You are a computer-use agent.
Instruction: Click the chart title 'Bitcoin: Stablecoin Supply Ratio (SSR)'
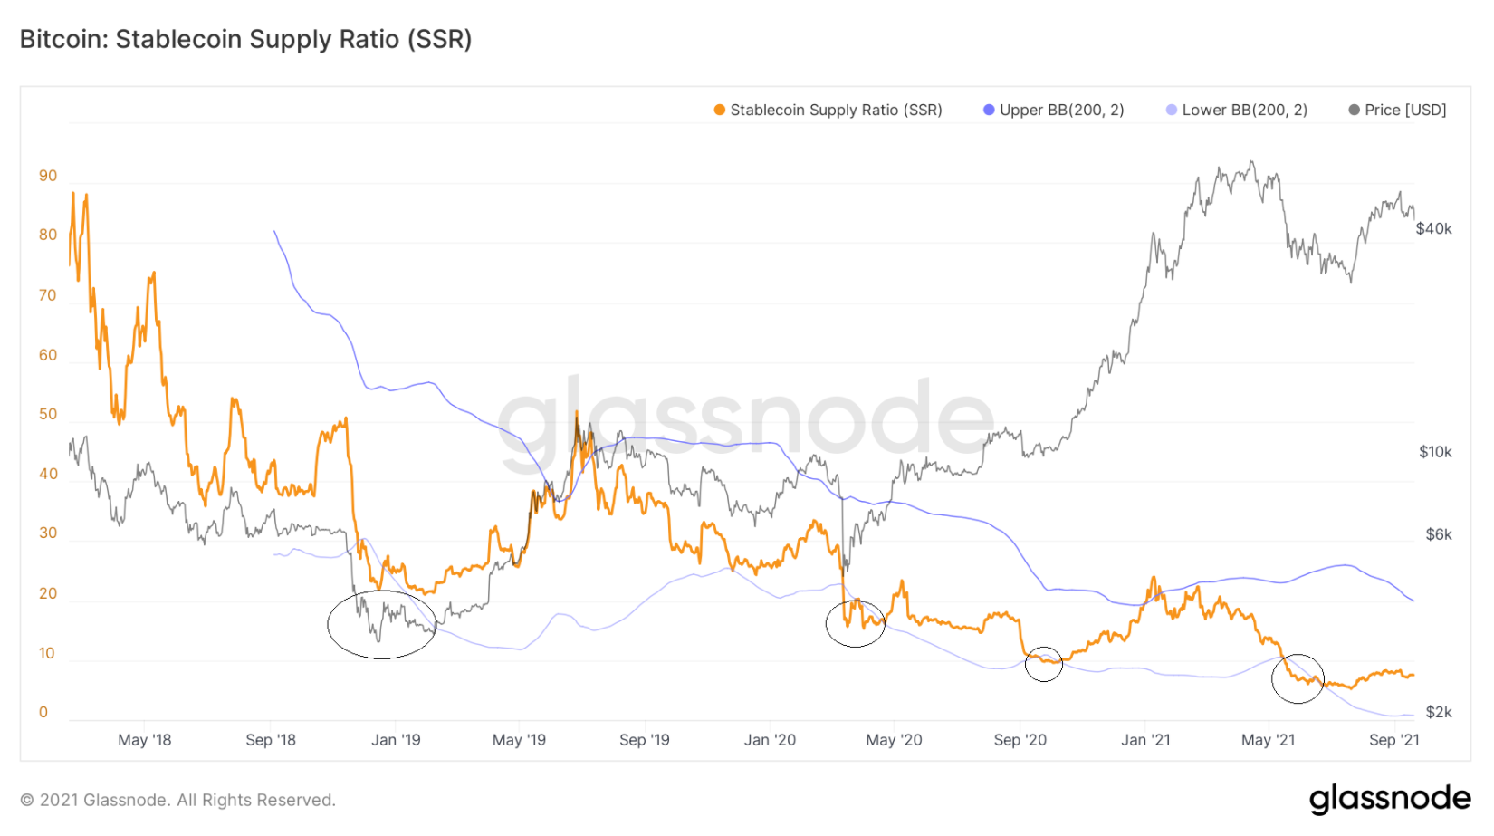click(x=245, y=39)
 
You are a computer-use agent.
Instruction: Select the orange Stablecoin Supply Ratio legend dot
click(x=720, y=110)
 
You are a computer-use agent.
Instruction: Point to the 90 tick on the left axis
click(x=48, y=176)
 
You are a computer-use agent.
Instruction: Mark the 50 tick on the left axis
click(x=48, y=414)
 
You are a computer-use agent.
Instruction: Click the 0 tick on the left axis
click(x=43, y=712)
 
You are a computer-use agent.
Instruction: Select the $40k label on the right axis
click(x=1433, y=228)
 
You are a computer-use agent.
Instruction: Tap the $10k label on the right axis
click(x=1435, y=452)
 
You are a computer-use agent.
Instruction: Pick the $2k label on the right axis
click(x=1438, y=712)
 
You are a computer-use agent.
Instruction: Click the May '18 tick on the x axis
click(x=144, y=740)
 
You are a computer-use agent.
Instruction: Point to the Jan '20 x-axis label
click(x=770, y=740)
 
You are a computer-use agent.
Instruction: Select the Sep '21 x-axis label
click(x=1393, y=740)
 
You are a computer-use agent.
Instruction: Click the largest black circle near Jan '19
click(x=381, y=624)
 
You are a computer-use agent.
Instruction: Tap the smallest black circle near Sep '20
click(x=1043, y=664)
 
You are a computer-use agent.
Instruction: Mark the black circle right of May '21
click(x=1298, y=678)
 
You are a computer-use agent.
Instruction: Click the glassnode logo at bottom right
click(x=1389, y=799)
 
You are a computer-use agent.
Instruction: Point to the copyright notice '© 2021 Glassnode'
click(x=177, y=800)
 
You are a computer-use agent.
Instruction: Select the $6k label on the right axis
click(x=1438, y=534)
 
